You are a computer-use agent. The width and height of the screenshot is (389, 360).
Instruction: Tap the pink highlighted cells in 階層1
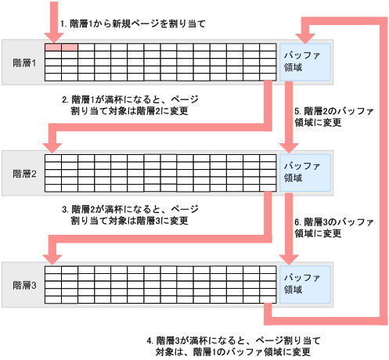tap(61, 49)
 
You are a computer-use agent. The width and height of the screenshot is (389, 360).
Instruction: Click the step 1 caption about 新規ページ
tap(131, 24)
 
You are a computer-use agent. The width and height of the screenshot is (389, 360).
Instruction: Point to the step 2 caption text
tap(129, 106)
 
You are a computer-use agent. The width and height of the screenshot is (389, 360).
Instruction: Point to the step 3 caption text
tap(129, 215)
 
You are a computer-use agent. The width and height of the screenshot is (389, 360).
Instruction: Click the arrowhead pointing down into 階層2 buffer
tap(290, 146)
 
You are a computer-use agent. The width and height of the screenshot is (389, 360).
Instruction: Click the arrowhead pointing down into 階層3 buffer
tap(290, 257)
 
